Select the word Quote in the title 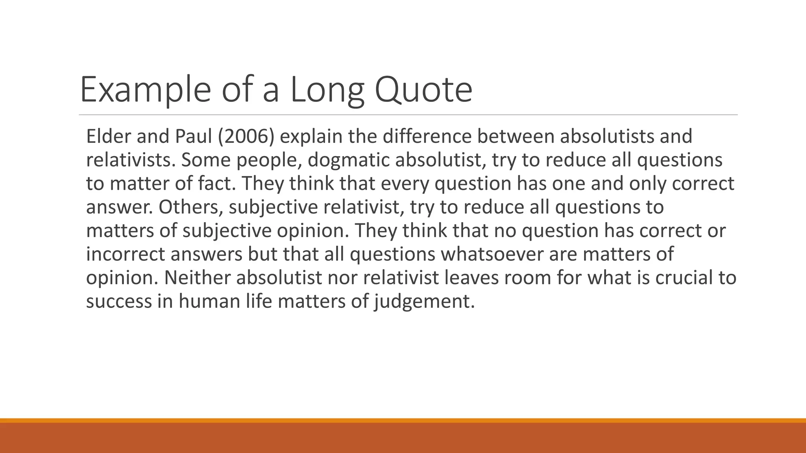423,90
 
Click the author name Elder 108,136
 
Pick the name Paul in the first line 194,136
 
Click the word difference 427,136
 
